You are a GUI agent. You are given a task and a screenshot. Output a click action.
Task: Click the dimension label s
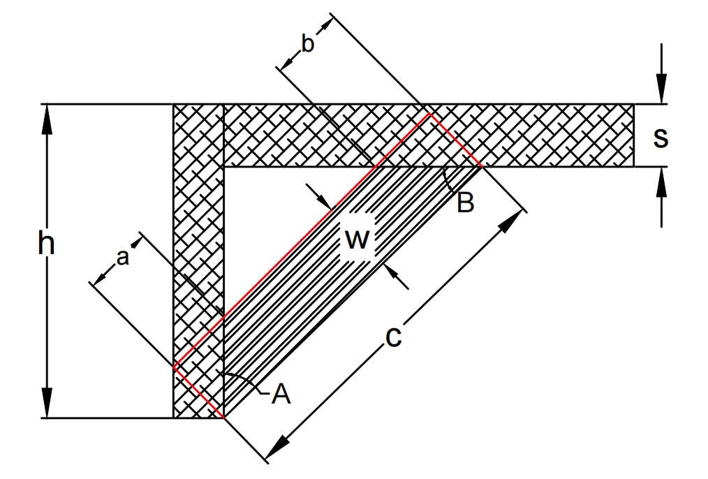pos(660,137)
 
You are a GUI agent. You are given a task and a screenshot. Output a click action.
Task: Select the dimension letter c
pos(394,337)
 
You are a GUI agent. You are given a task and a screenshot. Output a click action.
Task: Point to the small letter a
pos(122,258)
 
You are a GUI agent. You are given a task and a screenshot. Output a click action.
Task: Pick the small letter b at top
pos(307,43)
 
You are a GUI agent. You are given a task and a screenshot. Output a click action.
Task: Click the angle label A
pos(281,395)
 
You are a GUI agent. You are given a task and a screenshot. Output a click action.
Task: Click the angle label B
pos(466,203)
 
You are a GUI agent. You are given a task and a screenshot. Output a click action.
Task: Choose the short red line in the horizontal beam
pos(455,140)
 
